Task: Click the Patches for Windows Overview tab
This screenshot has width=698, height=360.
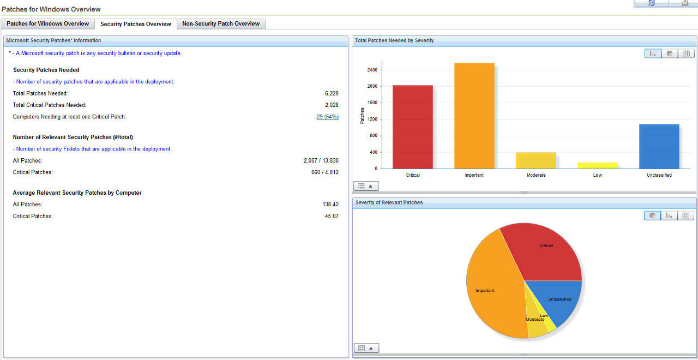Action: point(47,24)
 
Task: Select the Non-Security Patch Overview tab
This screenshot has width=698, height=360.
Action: point(221,24)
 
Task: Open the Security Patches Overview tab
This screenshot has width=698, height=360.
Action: point(136,24)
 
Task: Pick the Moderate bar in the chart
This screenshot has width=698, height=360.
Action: point(535,160)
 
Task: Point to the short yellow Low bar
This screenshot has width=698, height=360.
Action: point(597,165)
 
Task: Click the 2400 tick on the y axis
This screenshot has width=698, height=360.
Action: point(372,70)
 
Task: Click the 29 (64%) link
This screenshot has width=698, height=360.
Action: point(327,117)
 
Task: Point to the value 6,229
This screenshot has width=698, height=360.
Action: point(332,93)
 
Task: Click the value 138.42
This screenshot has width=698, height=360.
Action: point(330,205)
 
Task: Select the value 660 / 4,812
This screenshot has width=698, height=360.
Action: point(325,172)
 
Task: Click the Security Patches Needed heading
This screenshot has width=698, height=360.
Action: point(46,70)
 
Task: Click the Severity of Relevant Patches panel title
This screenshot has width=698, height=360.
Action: point(389,202)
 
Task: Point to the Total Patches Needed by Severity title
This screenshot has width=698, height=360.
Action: point(394,40)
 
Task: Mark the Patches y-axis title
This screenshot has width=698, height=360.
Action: point(362,115)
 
